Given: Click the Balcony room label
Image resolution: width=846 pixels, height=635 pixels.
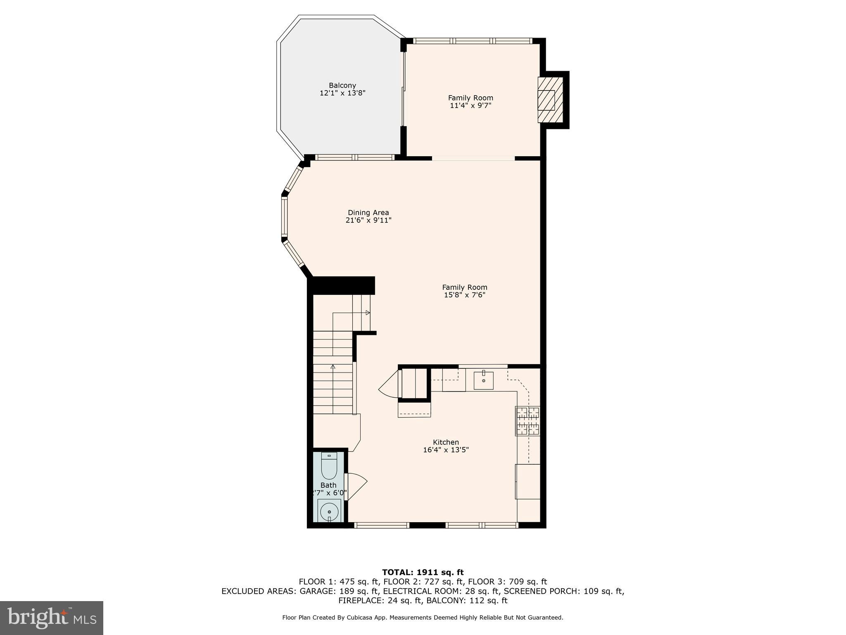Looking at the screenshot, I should coord(342,86).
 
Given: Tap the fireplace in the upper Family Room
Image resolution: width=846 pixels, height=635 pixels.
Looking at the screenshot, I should coord(550,100).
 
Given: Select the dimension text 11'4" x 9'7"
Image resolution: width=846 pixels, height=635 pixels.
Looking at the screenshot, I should coord(471,106).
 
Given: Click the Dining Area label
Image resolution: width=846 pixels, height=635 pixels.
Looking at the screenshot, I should coord(368,213).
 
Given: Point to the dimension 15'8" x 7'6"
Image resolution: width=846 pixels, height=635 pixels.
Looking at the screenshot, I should coord(465,295).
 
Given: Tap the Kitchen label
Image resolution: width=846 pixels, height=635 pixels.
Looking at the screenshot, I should coord(446,442).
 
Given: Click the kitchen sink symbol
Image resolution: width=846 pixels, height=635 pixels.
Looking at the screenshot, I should coord(483,380).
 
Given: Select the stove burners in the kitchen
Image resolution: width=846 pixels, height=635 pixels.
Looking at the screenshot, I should coord(528,421).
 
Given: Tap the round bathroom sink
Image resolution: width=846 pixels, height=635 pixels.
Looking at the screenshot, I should coord(329,512).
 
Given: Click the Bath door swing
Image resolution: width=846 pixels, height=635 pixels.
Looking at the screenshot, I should coord(356,487).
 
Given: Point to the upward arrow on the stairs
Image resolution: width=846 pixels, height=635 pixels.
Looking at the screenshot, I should coord(333,366).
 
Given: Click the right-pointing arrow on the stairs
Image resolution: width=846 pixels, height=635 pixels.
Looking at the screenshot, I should coord(368,313).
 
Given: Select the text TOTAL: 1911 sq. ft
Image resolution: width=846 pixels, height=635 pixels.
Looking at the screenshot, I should coord(423,572).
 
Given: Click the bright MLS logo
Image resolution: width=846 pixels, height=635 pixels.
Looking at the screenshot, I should coord(52,618).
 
